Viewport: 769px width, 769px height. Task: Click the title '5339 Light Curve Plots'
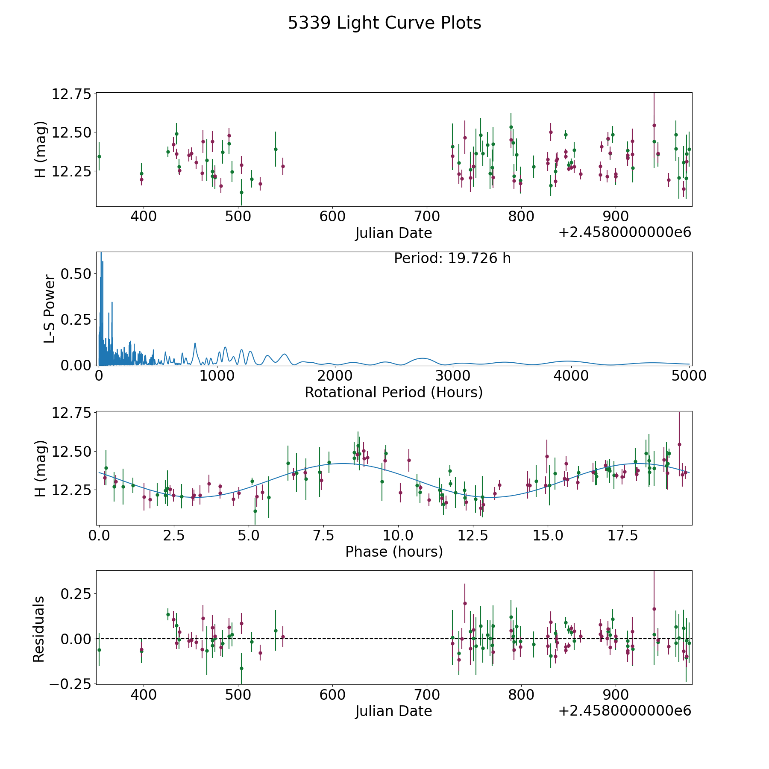coord(384,23)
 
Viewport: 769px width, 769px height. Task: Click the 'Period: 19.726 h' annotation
coord(452,258)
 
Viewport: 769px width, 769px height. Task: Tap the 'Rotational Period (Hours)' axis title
coord(393,392)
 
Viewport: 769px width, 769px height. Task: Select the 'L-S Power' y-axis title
coord(50,309)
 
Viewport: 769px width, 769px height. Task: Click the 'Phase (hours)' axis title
coord(394,552)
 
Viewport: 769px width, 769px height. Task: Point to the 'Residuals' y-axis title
coord(39,629)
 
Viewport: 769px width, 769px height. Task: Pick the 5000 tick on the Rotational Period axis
coord(689,376)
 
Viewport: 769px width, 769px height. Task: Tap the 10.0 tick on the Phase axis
coord(398,536)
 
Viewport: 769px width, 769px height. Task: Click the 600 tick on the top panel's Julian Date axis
coord(332,217)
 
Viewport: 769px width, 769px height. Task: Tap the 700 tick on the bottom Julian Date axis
coord(427,695)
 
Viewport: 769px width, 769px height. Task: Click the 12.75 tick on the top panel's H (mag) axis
coord(71,94)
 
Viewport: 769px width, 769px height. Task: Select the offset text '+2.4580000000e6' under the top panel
coord(625,233)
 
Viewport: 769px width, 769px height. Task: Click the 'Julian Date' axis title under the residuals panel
coord(393,711)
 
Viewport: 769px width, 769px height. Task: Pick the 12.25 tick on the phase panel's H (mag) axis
coord(71,490)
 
